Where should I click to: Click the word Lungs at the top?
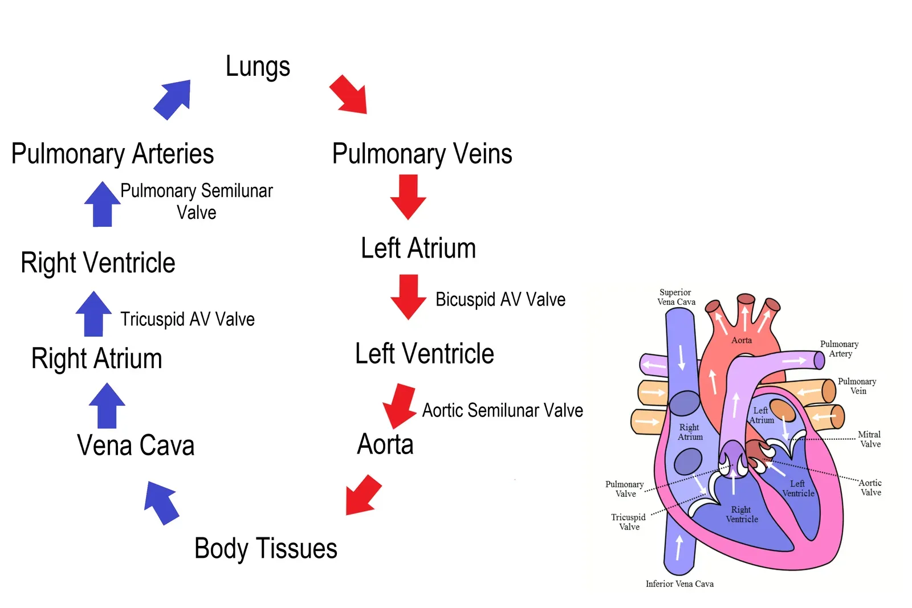[258, 67]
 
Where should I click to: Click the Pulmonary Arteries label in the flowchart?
[112, 154]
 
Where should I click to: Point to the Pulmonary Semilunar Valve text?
[197, 201]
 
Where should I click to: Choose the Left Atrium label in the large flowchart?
[418, 248]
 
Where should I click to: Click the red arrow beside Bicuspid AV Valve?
[408, 296]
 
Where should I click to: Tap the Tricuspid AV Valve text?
[187, 319]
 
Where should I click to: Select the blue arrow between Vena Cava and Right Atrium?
[107, 405]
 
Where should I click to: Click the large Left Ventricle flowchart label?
[424, 354]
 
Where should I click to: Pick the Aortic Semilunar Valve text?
[502, 410]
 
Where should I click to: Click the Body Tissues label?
[266, 549]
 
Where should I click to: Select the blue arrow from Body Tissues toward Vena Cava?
[162, 502]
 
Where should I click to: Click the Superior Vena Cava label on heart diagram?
[676, 297]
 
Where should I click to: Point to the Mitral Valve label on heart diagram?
[870, 439]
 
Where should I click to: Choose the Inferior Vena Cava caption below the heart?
[679, 584]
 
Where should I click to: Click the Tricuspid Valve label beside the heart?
[629, 522]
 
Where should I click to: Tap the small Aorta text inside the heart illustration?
[742, 340]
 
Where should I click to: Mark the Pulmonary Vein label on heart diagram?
[857, 386]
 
